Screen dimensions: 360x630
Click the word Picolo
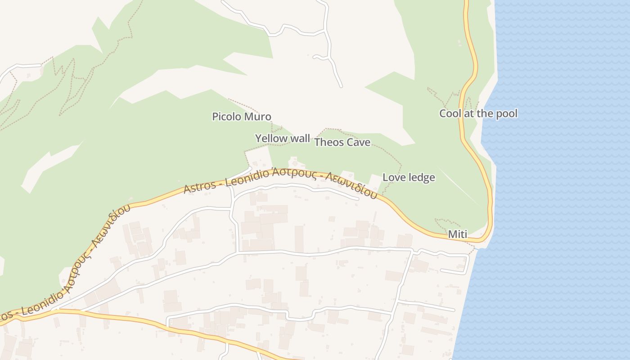(x=227, y=117)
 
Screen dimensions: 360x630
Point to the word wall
(x=300, y=138)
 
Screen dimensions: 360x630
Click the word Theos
(x=327, y=143)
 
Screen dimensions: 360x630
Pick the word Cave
(x=356, y=143)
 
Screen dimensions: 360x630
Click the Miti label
(x=458, y=234)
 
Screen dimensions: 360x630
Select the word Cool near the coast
(x=450, y=113)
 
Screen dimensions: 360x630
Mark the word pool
(x=506, y=113)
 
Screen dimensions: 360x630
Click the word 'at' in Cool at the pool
(x=469, y=113)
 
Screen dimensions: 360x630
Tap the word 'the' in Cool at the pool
(x=485, y=113)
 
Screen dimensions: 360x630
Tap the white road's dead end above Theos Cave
(x=341, y=85)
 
